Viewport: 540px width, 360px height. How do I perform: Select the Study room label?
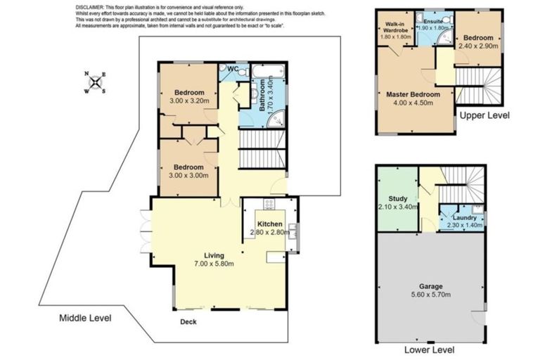click(398, 198)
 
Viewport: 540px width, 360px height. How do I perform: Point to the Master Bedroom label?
click(413, 94)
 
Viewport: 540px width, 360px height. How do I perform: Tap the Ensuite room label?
click(434, 22)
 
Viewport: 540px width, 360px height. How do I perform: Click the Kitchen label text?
click(270, 224)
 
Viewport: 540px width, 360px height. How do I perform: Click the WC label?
click(233, 69)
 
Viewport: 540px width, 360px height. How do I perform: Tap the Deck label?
click(188, 322)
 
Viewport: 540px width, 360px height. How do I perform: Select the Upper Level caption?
click(484, 115)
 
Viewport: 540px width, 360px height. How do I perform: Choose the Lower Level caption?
click(429, 349)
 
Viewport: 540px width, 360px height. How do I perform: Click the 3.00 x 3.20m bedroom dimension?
click(189, 101)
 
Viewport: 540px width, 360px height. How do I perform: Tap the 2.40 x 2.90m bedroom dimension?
click(478, 46)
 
